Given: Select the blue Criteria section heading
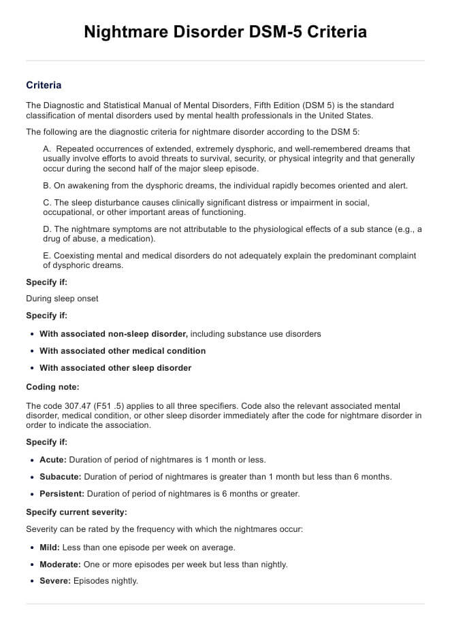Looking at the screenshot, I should click(44, 85).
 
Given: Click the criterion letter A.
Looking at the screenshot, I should click(46, 148).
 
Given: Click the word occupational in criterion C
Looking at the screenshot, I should click(68, 212).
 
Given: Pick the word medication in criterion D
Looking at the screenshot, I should click(130, 239).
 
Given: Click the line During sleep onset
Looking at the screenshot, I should click(62, 298).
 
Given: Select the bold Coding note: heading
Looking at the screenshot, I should click(52, 386).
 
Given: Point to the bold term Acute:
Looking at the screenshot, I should click(53, 460).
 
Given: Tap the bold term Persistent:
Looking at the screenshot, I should click(61, 494).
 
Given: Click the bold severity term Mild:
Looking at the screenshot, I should click(50, 547).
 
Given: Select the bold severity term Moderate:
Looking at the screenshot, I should click(60, 564).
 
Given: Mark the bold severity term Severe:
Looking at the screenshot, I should click(55, 581).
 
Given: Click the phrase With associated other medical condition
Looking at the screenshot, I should click(123, 351).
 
